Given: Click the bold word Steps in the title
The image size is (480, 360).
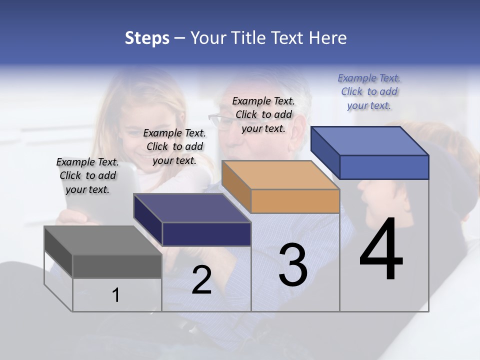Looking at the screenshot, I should click(x=147, y=38).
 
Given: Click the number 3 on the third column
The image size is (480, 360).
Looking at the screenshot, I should click(x=293, y=265).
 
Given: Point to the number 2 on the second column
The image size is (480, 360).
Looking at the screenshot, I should click(x=201, y=280).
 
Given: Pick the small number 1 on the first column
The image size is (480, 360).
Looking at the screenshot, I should click(x=116, y=295).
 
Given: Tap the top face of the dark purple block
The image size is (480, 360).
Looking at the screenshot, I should click(x=192, y=208).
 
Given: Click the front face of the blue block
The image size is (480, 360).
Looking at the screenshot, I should click(x=384, y=167).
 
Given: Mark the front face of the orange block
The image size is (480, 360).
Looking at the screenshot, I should click(x=295, y=201).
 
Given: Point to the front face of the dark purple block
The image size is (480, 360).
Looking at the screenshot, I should click(x=206, y=234).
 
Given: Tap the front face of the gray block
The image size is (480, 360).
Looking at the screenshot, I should click(x=117, y=266).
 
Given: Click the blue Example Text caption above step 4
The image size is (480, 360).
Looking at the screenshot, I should click(x=369, y=91).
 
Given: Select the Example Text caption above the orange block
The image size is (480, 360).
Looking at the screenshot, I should click(x=263, y=114).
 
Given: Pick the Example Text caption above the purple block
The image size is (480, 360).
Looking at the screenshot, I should click(x=174, y=146).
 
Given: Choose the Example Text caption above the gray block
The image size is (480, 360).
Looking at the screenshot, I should click(x=87, y=175).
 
